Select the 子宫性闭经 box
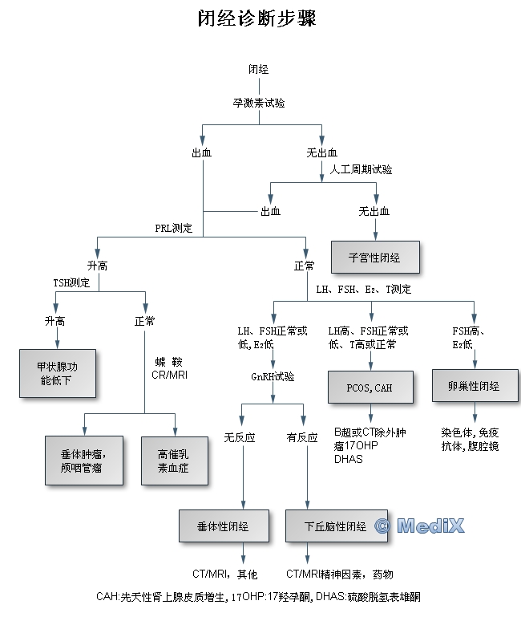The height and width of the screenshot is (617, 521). click(374, 258)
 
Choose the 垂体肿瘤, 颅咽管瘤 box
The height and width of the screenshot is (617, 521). click(84, 460)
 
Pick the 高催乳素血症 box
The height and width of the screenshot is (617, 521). click(173, 460)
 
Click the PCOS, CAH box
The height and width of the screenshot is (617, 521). click(370, 388)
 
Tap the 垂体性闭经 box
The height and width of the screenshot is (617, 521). click(223, 526)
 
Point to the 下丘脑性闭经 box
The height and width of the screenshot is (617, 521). click(336, 526)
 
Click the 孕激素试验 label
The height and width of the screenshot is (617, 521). click(258, 103)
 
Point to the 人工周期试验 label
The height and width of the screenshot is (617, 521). click(361, 169)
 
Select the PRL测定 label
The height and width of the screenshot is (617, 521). click(174, 228)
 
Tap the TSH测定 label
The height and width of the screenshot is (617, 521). click(71, 282)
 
